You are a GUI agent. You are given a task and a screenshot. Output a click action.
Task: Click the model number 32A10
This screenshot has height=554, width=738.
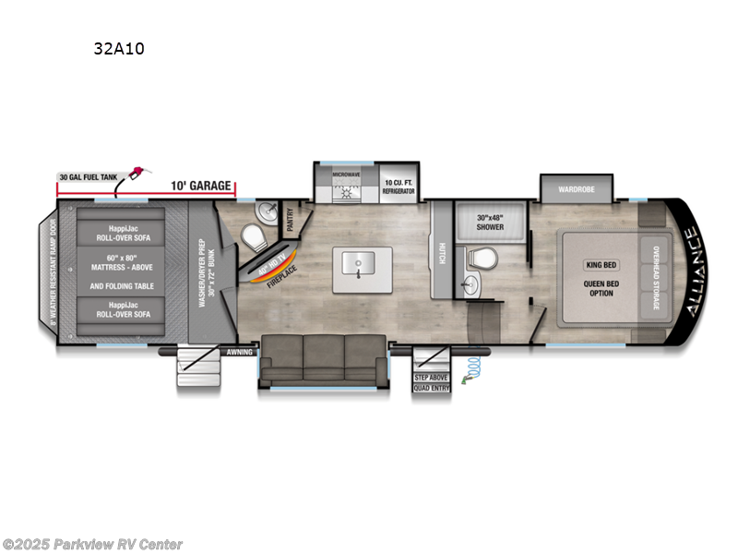(x=118, y=49)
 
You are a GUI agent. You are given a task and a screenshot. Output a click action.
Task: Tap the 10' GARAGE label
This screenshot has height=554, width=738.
(x=200, y=186)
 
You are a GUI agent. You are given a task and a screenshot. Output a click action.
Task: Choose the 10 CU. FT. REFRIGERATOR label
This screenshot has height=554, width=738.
(x=399, y=187)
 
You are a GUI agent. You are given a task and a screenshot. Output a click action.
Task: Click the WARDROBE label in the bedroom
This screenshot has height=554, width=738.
(x=577, y=189)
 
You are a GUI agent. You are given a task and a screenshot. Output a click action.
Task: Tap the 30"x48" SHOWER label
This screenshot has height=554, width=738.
(x=490, y=223)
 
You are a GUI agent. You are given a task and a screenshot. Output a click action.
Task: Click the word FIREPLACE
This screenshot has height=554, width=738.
(x=279, y=273)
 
